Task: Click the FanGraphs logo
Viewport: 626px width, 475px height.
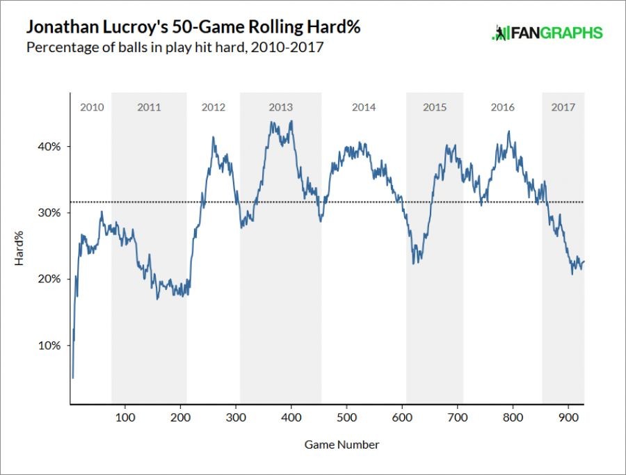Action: (x=547, y=33)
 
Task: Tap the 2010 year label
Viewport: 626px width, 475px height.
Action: (x=92, y=107)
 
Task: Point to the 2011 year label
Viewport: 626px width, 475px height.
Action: (x=149, y=107)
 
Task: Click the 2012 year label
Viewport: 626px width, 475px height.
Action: (x=214, y=107)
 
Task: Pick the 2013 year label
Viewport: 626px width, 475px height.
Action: (x=280, y=107)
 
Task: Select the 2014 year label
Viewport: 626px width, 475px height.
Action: (x=364, y=107)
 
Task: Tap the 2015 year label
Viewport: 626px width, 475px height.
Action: (x=435, y=107)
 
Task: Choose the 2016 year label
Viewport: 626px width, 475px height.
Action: (x=502, y=107)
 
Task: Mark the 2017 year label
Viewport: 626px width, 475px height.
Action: (x=563, y=107)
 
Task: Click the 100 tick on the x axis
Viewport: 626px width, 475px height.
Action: (x=125, y=417)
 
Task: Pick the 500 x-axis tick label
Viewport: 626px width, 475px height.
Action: (x=346, y=417)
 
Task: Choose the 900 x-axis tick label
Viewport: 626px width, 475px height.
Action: (x=568, y=417)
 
